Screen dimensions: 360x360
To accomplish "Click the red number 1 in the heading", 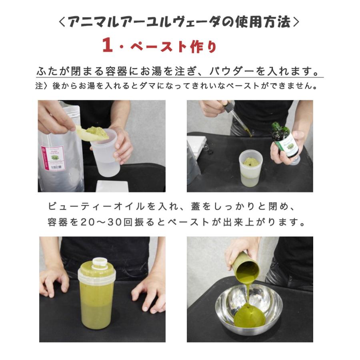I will [107, 45].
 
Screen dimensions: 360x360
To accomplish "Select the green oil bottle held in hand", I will [285, 140].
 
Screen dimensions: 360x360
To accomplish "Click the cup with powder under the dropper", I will [250, 168].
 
